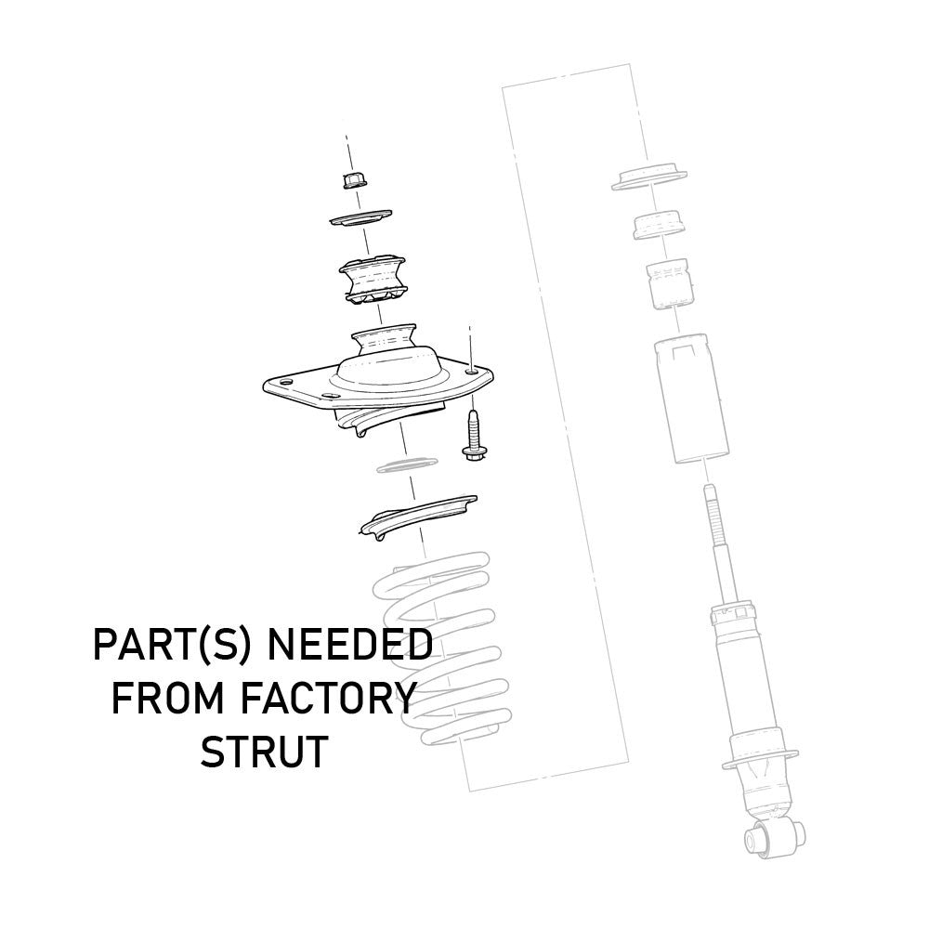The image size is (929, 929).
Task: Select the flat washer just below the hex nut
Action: point(360,219)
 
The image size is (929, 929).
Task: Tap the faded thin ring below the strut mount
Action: point(407,464)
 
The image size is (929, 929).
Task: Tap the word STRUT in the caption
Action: point(265,752)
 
